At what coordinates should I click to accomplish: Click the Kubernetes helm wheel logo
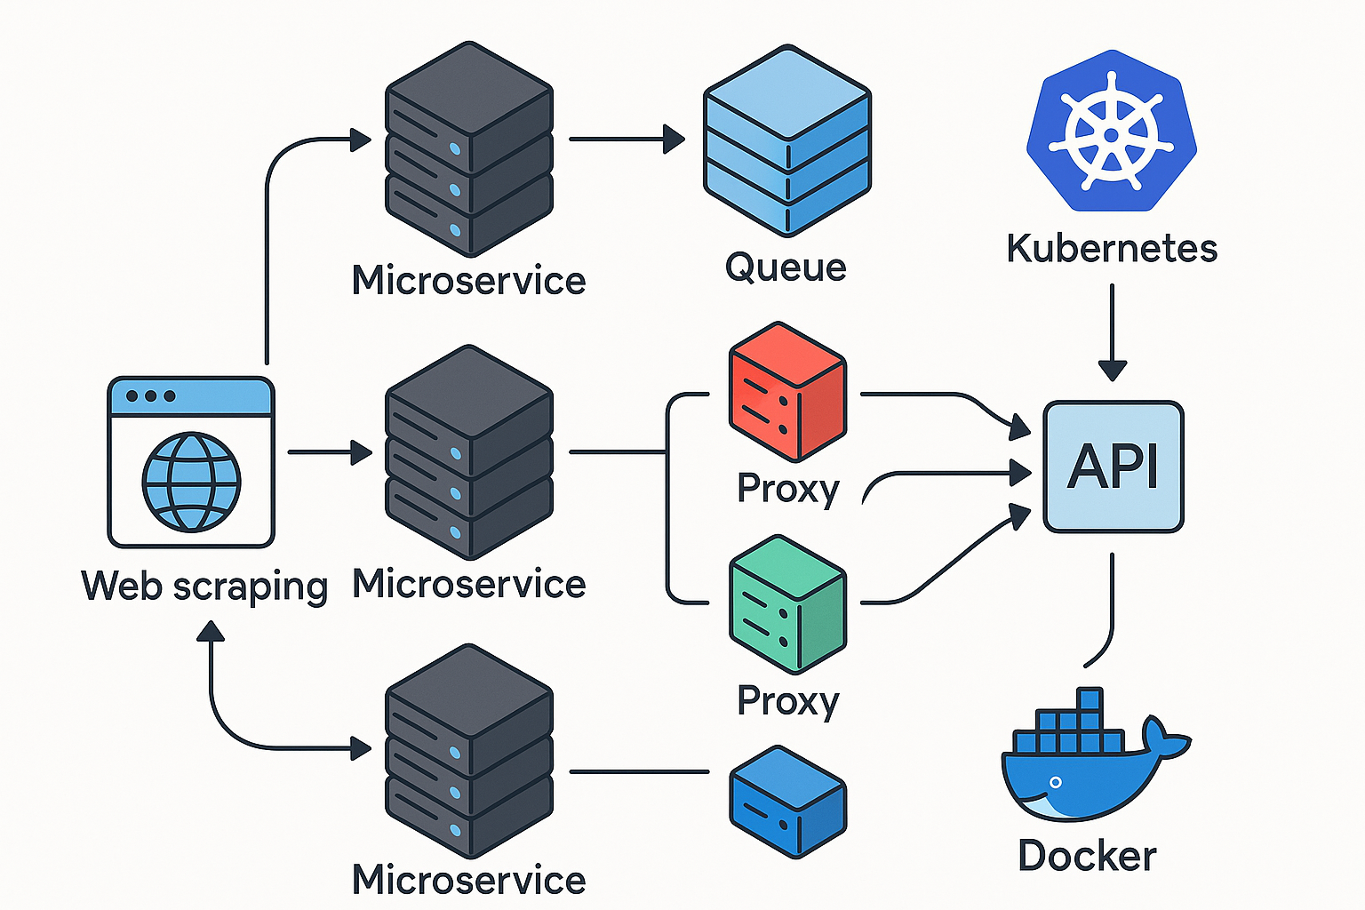coord(1112,131)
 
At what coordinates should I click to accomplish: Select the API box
coord(1114,467)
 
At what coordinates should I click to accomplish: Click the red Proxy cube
coord(788,392)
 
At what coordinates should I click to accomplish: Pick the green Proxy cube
coord(788,604)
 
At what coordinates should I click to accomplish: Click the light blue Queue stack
coord(787,140)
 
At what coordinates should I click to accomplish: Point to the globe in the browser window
coord(191,483)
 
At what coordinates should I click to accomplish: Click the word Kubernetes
coord(1112,250)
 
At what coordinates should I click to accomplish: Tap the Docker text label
coord(1087,856)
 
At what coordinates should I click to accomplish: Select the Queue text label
coord(786,267)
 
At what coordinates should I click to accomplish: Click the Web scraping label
coord(204,587)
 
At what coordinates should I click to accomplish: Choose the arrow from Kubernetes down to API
coord(1112,332)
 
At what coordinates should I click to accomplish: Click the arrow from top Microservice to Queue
coord(627,139)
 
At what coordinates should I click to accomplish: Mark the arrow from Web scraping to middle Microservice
coord(330,452)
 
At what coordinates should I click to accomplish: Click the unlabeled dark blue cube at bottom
coord(788,802)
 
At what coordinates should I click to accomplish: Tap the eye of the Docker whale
coord(1056,782)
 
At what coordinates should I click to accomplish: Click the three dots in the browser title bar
coord(150,396)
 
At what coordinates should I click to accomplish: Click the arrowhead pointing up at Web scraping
coord(211,632)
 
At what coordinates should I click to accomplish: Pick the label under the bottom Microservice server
coord(468,880)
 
